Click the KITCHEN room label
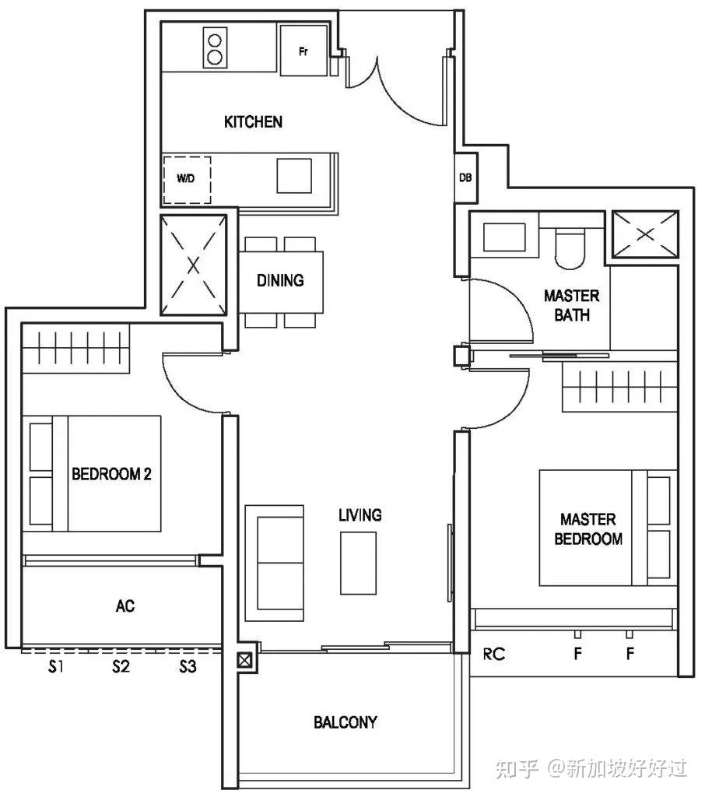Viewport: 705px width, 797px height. (253, 122)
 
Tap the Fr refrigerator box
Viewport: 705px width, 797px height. (303, 50)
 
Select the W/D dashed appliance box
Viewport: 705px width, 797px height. (187, 180)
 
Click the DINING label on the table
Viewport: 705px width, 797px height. (280, 280)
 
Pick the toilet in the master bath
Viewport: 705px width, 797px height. (571, 248)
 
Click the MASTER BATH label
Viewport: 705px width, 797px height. (572, 305)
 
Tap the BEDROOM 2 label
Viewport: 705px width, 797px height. (111, 474)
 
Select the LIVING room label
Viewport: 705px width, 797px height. (360, 515)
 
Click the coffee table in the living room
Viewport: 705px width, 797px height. (359, 564)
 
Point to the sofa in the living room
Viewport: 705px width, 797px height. (275, 563)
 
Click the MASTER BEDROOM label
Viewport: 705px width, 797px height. (588, 529)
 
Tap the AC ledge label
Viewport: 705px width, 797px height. (125, 606)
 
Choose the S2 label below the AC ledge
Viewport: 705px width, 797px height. (121, 666)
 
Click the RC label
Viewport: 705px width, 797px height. (493, 654)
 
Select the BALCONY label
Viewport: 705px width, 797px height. (345, 722)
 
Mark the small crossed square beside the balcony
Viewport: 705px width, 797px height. (244, 660)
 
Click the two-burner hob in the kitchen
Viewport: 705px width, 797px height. (215, 47)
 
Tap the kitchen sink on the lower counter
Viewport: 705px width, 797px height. (294, 175)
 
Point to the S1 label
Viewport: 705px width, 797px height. (57, 666)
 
